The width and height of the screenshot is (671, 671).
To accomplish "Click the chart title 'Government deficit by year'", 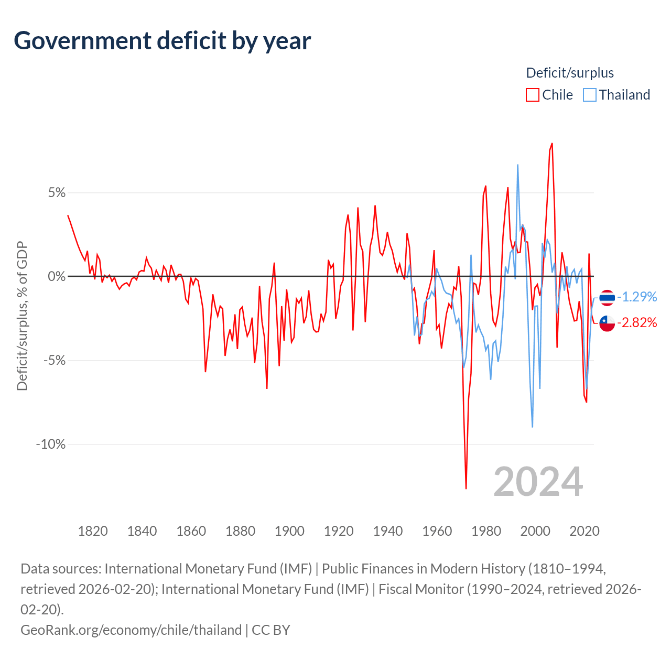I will click(x=163, y=41).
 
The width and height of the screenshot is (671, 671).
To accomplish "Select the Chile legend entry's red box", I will click(x=533, y=95).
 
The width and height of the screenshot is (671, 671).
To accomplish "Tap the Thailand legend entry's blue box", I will click(x=590, y=95).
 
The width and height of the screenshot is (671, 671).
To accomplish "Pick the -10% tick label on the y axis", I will click(x=51, y=445).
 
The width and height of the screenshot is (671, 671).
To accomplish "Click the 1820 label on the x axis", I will click(x=93, y=531).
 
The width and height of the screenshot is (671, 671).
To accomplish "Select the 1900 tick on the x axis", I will click(x=289, y=531).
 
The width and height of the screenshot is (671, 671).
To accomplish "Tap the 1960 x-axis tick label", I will click(x=437, y=531).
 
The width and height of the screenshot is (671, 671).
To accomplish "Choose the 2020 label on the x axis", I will click(x=585, y=531).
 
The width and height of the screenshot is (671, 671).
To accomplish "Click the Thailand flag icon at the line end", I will click(x=607, y=297).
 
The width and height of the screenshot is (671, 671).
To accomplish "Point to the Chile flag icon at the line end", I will click(x=607, y=323).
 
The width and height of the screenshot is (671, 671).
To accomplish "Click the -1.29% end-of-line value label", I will click(x=637, y=297).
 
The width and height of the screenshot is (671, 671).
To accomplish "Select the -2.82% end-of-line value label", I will click(x=637, y=323).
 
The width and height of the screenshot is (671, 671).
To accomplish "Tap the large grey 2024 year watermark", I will click(x=538, y=482).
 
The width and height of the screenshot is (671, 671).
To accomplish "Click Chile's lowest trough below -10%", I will click(x=466, y=488).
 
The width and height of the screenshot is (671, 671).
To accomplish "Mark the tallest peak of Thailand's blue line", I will click(x=517, y=165).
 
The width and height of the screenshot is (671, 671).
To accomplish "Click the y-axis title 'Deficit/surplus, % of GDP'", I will click(x=22, y=316).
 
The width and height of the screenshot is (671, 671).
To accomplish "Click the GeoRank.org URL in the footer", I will click(x=131, y=630).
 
